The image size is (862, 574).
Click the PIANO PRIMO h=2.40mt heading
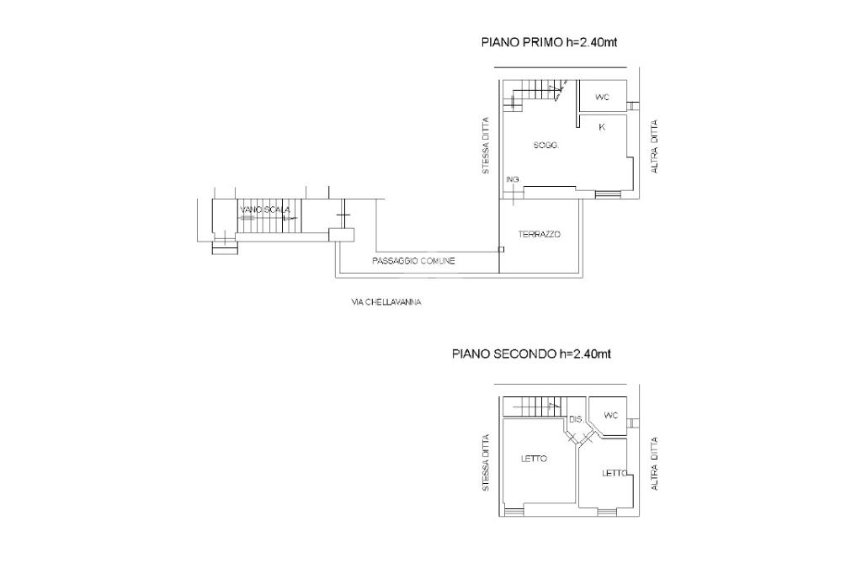click(x=549, y=42)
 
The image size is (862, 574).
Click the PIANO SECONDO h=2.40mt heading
click(x=532, y=353)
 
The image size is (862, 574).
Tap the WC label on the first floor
click(x=603, y=98)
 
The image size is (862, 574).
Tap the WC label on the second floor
click(x=611, y=415)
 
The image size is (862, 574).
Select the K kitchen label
click(x=602, y=127)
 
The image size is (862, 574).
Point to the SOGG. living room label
click(x=545, y=146)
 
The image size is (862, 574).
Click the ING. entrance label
click(x=513, y=180)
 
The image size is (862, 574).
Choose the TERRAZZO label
click(x=540, y=234)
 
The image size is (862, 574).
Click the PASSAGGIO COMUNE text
click(x=413, y=261)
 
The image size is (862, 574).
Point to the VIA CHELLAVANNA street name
click(x=386, y=302)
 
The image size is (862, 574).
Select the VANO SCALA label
click(x=264, y=210)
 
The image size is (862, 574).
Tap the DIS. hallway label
click(x=576, y=419)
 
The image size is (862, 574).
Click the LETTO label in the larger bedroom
click(x=534, y=459)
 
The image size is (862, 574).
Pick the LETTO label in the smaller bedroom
click(x=615, y=473)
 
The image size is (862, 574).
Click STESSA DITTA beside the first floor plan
click(x=486, y=146)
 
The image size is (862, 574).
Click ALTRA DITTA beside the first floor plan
click(x=654, y=146)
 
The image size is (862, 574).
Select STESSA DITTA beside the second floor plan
click(x=486, y=463)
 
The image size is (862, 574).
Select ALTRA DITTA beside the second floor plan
click(x=654, y=464)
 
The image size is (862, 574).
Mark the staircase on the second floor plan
click(x=536, y=407)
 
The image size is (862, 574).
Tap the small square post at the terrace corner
click(x=501, y=250)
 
